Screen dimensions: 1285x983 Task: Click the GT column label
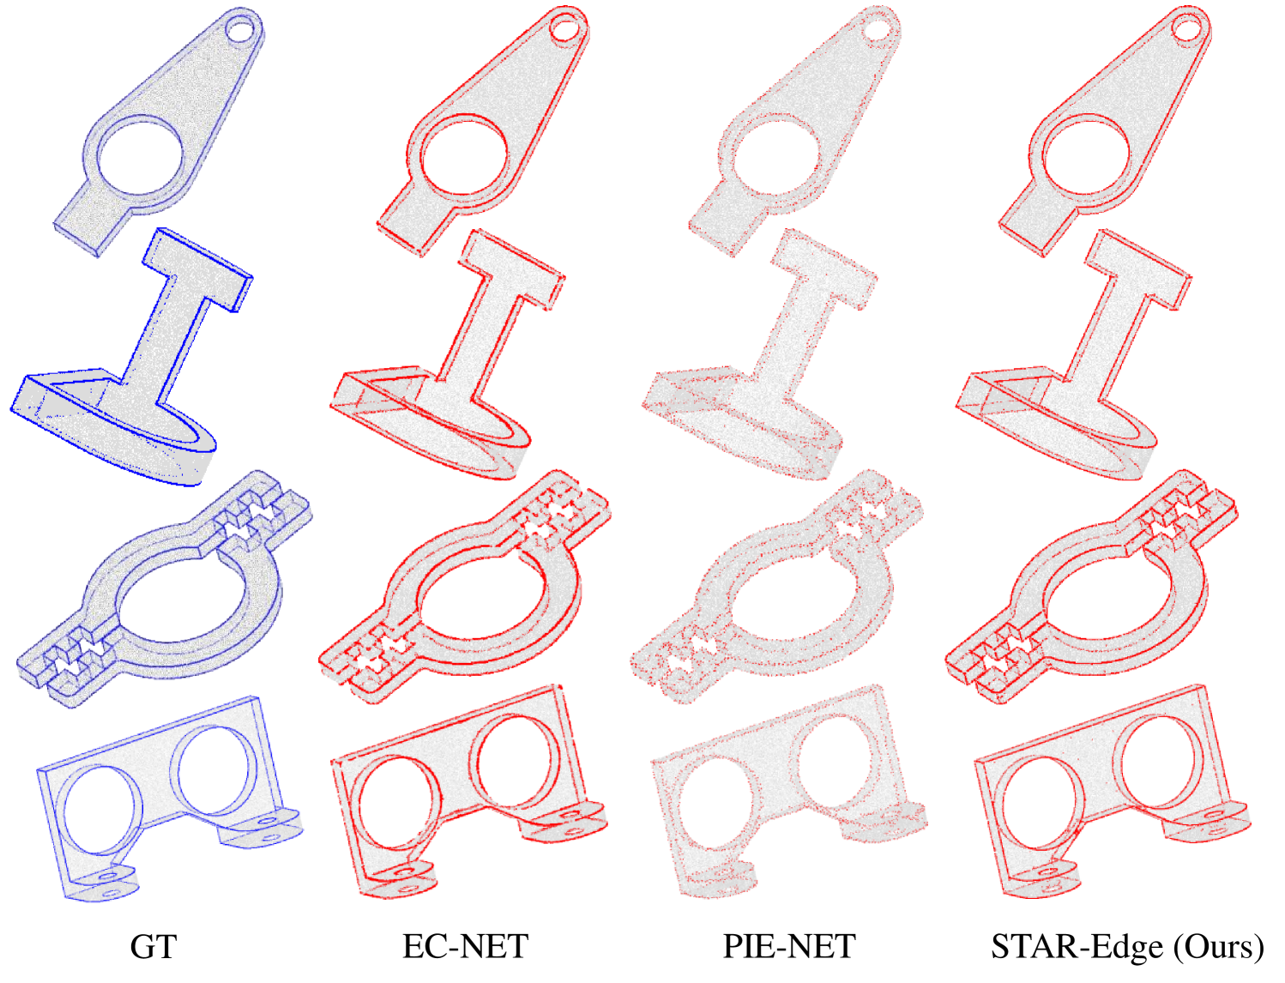(154, 946)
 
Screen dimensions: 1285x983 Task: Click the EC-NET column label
(466, 946)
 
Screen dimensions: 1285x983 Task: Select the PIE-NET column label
(789, 946)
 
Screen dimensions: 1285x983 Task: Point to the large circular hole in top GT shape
(141, 155)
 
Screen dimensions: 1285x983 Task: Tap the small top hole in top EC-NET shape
(564, 28)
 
